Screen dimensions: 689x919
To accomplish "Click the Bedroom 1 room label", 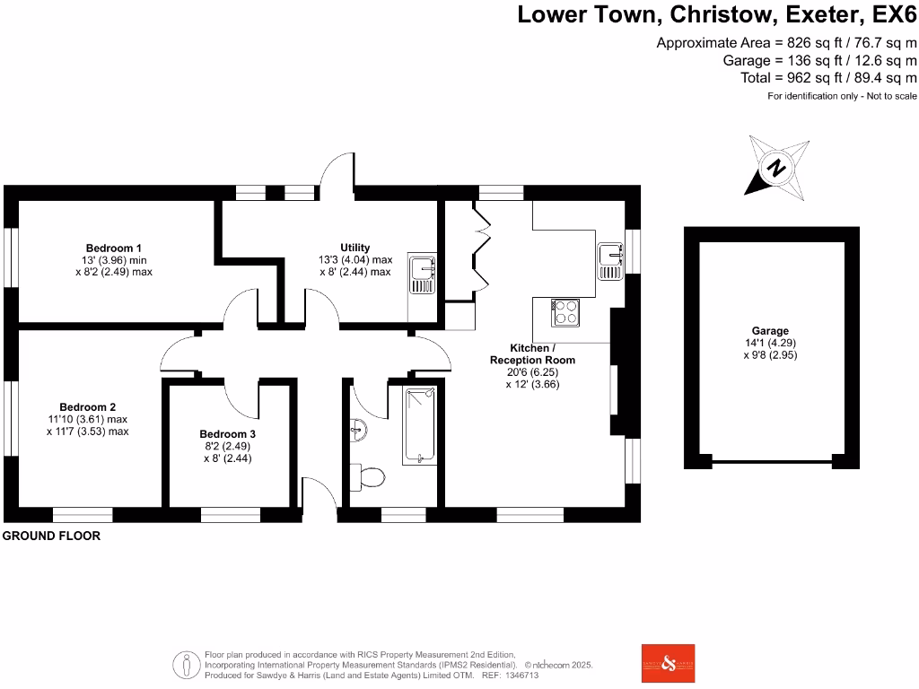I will click(x=114, y=248).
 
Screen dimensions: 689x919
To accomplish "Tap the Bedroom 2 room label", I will click(x=88, y=406).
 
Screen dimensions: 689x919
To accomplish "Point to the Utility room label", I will click(x=354, y=248).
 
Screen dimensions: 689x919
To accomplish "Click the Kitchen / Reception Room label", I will click(x=532, y=353).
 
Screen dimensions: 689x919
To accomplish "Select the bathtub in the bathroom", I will click(x=419, y=424).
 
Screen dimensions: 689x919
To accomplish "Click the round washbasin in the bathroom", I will click(x=358, y=430).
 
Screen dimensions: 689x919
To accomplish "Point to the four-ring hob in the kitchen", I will click(x=565, y=312).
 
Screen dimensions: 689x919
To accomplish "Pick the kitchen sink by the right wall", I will click(x=610, y=261).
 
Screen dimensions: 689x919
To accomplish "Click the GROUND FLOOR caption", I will click(x=51, y=536).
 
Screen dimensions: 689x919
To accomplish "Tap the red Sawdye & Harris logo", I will click(x=668, y=664).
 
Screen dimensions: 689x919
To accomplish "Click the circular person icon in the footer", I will click(x=187, y=665).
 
